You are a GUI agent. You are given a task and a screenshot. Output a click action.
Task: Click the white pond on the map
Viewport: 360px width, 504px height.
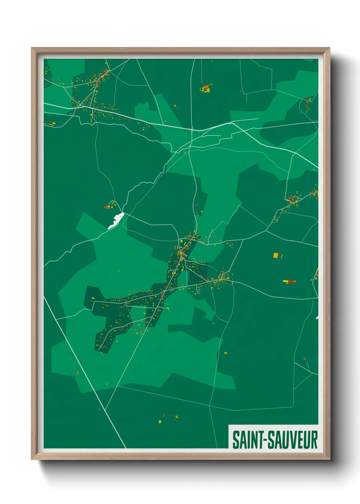pyautogui.click(x=116, y=221)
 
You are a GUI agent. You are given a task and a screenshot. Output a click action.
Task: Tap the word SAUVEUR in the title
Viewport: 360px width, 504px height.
pyautogui.click(x=292, y=440)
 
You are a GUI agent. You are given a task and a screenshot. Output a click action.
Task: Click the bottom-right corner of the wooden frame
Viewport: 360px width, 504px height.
pyautogui.click(x=329, y=459)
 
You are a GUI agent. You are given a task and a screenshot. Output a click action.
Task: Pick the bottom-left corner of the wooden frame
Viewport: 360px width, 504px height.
pyautogui.click(x=32, y=459)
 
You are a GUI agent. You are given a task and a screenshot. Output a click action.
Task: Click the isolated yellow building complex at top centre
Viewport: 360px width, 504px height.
pyautogui.click(x=205, y=89)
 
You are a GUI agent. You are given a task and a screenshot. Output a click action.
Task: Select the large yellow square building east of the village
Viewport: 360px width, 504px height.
pyautogui.click(x=276, y=255)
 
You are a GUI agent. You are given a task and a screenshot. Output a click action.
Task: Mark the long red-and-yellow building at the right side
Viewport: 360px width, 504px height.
pyautogui.click(x=289, y=281)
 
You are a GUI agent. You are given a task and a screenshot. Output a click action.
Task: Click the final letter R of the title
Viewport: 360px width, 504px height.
pyautogui.click(x=314, y=440)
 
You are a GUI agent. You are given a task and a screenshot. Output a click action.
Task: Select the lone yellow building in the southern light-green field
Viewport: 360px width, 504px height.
pyautogui.click(x=225, y=353)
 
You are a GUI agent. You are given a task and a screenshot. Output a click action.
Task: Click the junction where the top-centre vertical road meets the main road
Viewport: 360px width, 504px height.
pyautogui.click(x=192, y=129)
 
